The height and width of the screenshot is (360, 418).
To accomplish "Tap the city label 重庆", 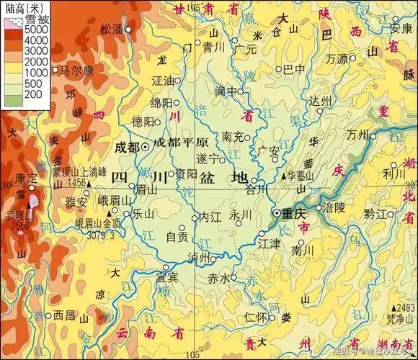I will click(x=294, y=214).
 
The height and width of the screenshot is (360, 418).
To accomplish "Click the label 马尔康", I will click(x=76, y=71).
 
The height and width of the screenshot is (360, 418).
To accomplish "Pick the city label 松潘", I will click(x=112, y=30).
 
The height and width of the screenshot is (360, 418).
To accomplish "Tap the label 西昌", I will click(x=64, y=315).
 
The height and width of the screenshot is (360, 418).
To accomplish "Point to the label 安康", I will click(x=401, y=29).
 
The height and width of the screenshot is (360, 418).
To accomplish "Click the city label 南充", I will click(x=232, y=136).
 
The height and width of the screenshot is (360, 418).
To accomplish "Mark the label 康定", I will click(x=26, y=178).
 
